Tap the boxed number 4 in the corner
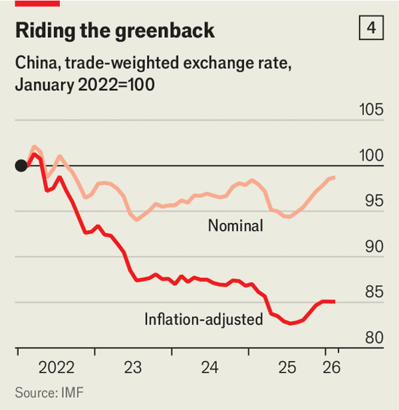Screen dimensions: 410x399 coord(371,29)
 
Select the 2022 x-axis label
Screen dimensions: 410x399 coord(56,368)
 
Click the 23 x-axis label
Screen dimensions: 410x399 coord(133,368)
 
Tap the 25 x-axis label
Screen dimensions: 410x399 coord(287,368)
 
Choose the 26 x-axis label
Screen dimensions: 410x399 coord(331,368)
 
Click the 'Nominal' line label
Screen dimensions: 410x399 coord(235,226)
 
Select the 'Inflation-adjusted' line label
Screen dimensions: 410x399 coord(203,319)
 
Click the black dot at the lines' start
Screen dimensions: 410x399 coord(21,165)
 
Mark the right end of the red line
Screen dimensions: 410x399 coord(334,301)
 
